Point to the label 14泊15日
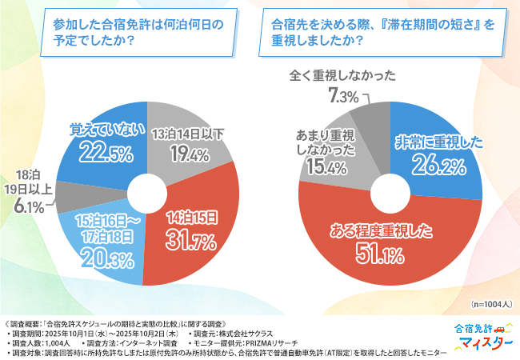click(190, 216)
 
